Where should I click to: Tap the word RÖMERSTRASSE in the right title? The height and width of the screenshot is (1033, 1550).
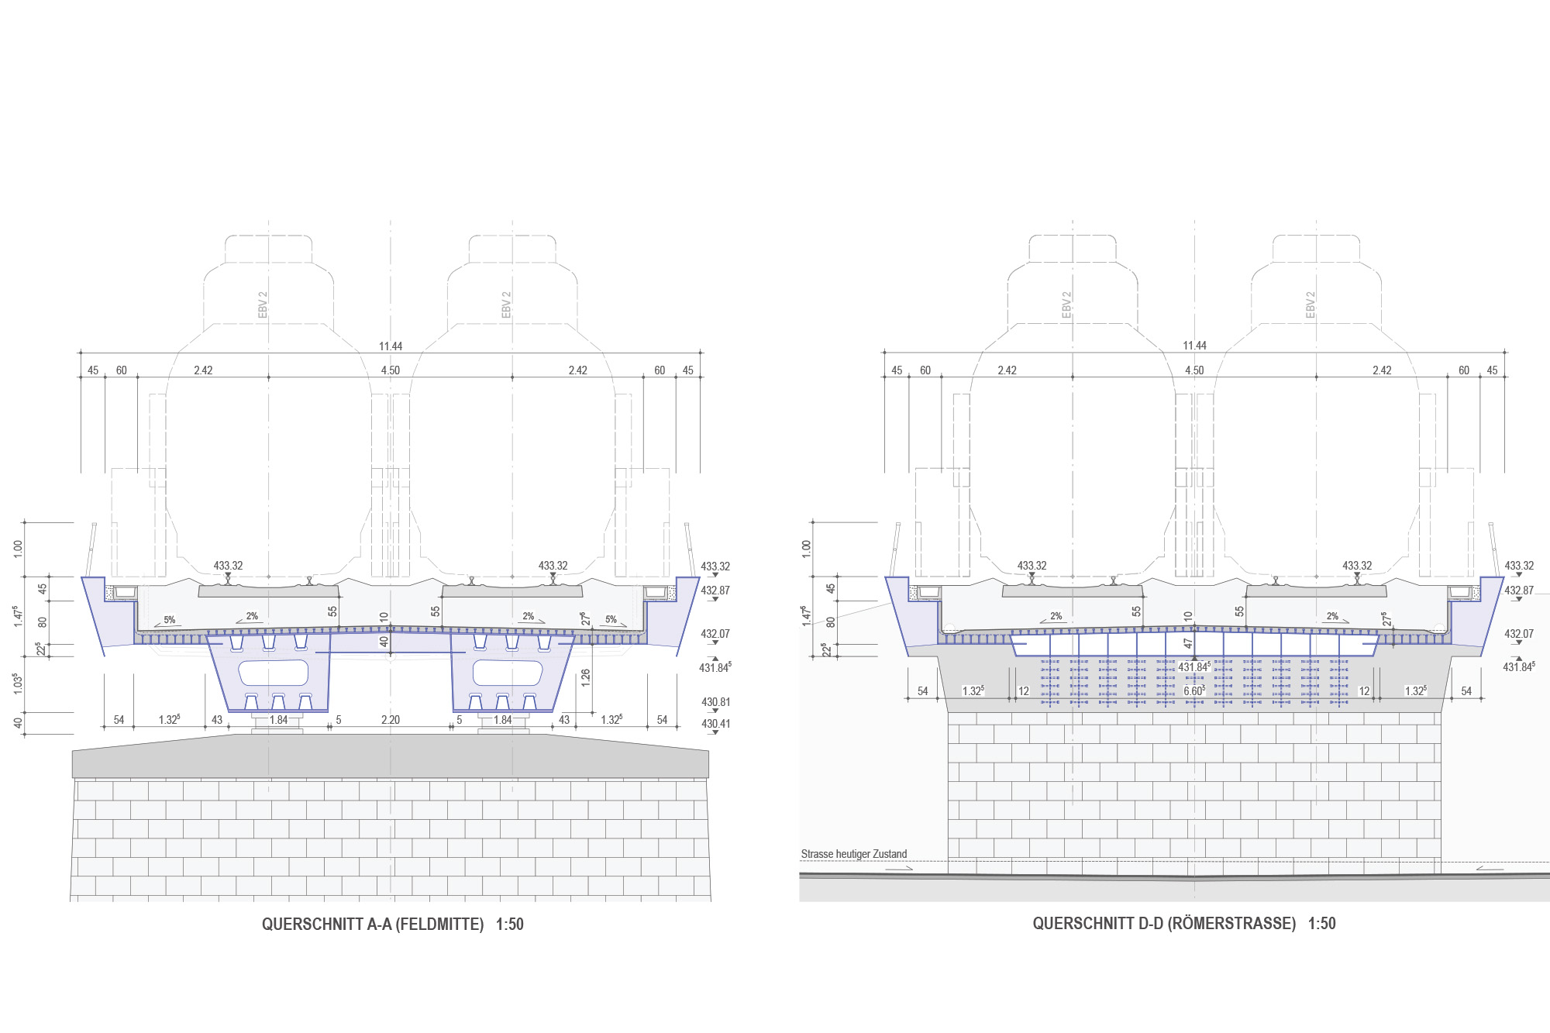tap(1231, 923)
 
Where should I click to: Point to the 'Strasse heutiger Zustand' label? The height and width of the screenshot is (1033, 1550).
tap(853, 854)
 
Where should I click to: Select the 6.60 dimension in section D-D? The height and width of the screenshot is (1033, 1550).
tap(1193, 690)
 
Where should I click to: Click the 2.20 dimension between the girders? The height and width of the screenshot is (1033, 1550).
tap(391, 720)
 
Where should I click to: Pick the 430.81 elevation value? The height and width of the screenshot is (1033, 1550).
tap(715, 702)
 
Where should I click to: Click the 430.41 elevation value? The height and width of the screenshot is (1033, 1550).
tap(715, 724)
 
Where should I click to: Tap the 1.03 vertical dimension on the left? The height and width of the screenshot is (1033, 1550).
tap(18, 684)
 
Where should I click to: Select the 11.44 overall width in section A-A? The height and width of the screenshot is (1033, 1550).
tap(391, 346)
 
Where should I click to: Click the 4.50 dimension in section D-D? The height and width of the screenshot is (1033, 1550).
tap(1194, 370)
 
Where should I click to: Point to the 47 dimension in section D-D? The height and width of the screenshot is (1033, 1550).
tap(1188, 643)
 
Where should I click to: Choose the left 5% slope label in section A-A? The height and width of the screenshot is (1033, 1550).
tap(169, 620)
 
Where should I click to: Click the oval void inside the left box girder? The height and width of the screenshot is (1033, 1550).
tap(274, 673)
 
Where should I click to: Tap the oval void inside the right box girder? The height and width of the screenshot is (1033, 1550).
tap(508, 673)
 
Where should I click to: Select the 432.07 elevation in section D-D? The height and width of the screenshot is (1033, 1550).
tap(1518, 634)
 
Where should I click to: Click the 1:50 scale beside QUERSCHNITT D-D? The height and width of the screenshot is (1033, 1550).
tap(1322, 923)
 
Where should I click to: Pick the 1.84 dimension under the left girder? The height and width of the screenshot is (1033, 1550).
tap(278, 720)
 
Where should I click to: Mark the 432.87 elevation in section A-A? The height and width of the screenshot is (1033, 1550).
tap(715, 591)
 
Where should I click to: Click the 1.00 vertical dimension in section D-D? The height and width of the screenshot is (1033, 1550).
tap(806, 549)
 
